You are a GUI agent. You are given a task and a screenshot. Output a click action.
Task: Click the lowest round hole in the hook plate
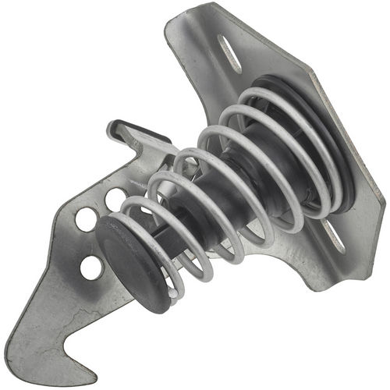pos(91,268)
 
